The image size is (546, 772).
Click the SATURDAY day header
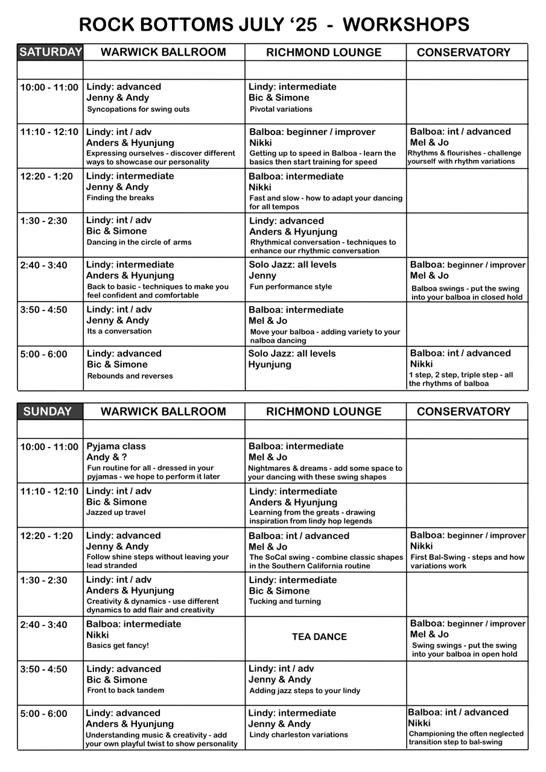pyautogui.click(x=50, y=52)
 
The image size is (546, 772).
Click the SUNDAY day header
pyautogui.click(x=48, y=412)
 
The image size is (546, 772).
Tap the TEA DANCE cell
pyautogui.click(x=319, y=637)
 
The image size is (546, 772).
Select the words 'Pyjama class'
pyautogui.click(x=116, y=447)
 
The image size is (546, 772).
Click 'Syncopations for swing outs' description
pyautogui.click(x=138, y=109)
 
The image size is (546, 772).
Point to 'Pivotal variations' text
pyautogui.click(x=281, y=109)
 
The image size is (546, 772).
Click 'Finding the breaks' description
pyautogui.click(x=120, y=198)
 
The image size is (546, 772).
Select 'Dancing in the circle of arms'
pyautogui.click(x=139, y=242)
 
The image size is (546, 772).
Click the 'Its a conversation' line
pyautogui.click(x=119, y=331)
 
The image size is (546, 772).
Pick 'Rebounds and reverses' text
pyautogui.click(x=130, y=376)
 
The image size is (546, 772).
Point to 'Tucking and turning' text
pyautogui.click(x=285, y=601)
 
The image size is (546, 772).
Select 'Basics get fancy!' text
pyautogui.click(x=118, y=645)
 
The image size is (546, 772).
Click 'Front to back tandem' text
pyautogui.click(x=125, y=690)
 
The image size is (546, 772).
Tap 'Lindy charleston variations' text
pyautogui.click(x=299, y=735)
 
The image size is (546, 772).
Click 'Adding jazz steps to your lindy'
pyautogui.click(x=305, y=691)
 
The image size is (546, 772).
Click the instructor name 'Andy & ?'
pyautogui.click(x=107, y=457)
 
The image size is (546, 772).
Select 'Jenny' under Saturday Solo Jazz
pyautogui.click(x=262, y=276)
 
